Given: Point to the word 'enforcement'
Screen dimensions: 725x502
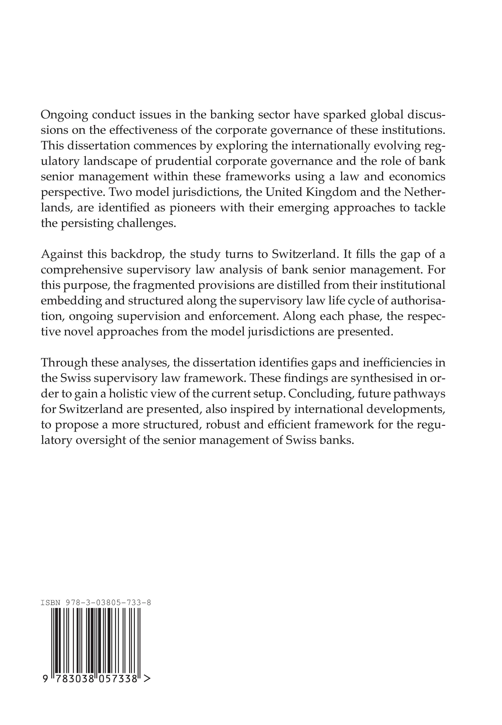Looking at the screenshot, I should pyautogui.click(x=247, y=316).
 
